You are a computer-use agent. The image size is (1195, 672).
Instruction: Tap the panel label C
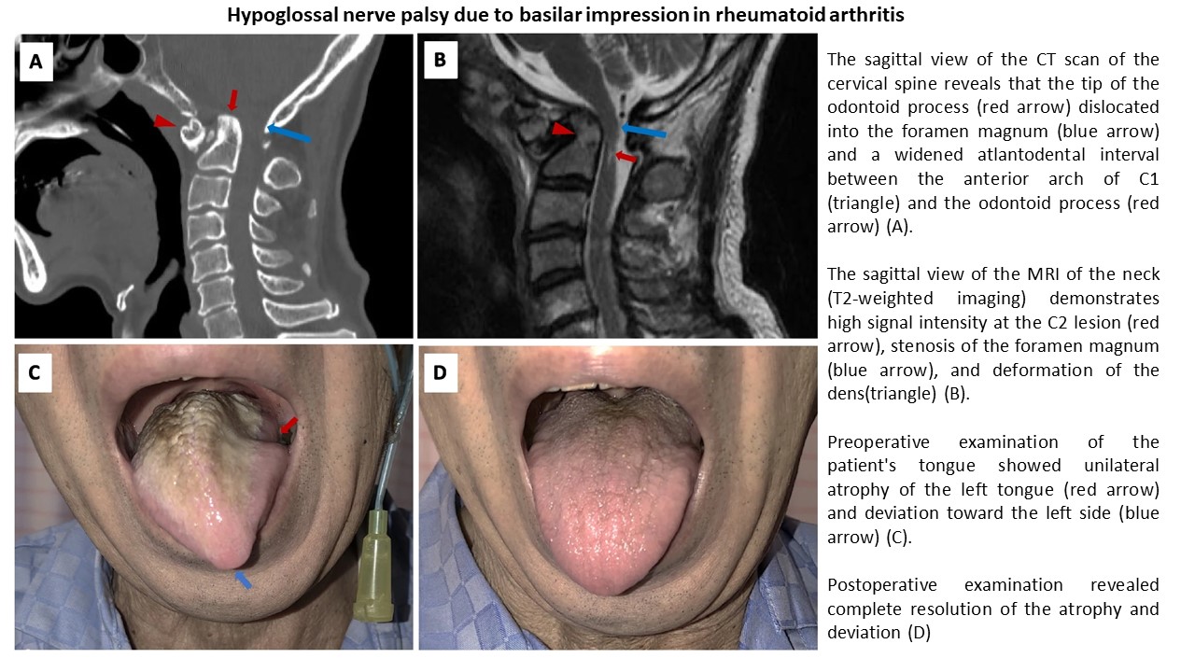35,372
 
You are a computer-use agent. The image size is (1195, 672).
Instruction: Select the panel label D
439,372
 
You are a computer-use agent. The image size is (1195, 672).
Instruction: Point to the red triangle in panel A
164,121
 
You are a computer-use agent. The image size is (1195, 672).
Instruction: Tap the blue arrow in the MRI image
644,132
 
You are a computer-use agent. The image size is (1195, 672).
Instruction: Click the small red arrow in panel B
626,158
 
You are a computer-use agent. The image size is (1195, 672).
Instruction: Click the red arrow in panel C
290,426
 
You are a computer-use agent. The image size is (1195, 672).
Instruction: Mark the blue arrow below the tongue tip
243,580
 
